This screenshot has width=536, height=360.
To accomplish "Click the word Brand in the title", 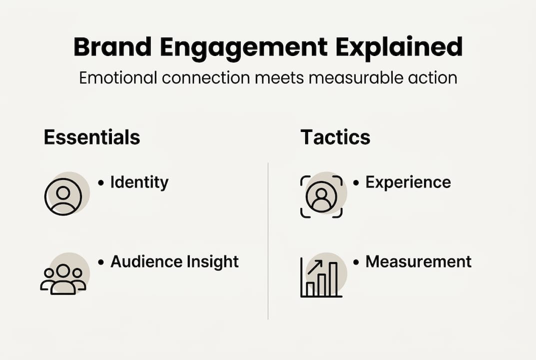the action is tap(112, 46).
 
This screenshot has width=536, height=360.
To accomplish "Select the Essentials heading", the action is tap(92, 137).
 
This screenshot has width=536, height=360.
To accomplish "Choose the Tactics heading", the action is tap(335, 137).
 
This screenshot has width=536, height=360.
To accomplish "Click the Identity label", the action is tap(139, 182).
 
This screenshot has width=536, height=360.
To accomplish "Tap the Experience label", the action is tap(408, 182).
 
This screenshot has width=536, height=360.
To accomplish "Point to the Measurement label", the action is tap(419, 262).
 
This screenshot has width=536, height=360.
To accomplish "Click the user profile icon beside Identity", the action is tap(63, 196).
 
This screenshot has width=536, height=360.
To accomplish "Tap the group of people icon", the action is tap(63, 279).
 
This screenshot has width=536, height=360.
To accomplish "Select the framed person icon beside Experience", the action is tap(321, 196).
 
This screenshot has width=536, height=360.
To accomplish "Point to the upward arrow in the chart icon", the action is tap(315, 267).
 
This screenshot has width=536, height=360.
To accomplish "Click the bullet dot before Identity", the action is tap(101, 182).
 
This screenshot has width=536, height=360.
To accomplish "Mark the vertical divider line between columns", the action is tap(268, 241).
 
